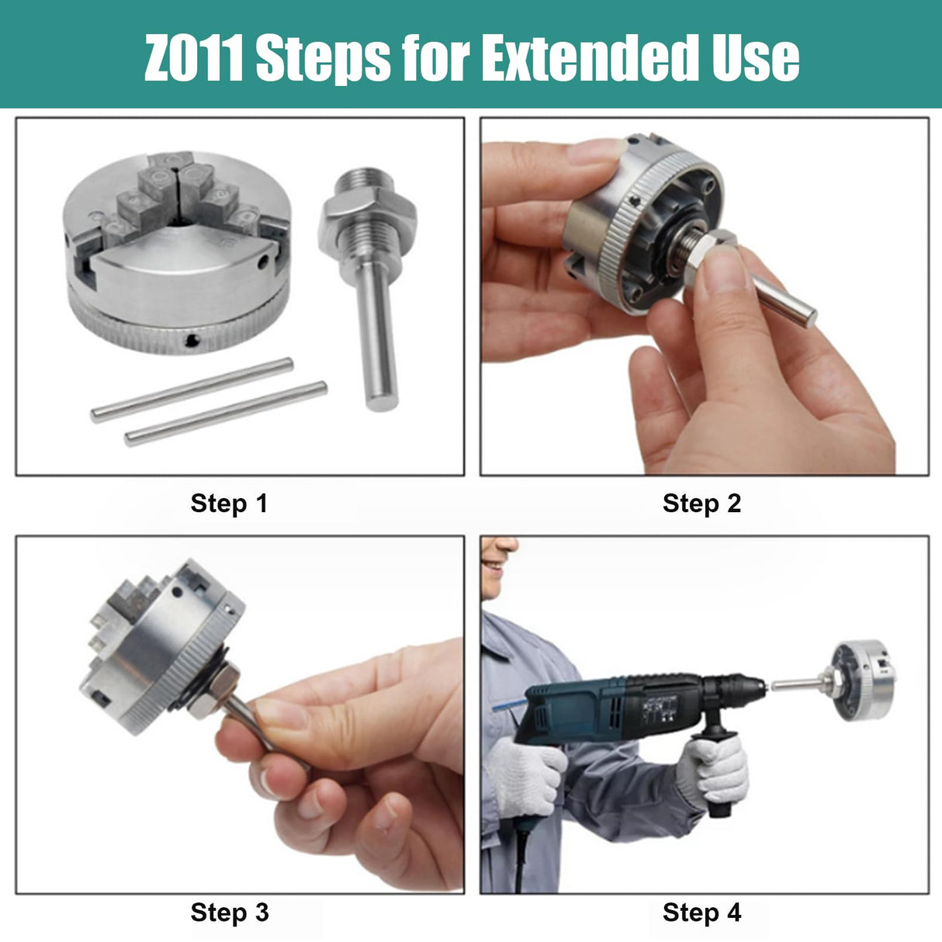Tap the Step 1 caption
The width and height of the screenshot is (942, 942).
coord(229,504)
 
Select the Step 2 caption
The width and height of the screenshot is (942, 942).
coord(701,504)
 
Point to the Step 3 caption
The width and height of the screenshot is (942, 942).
coord(229,913)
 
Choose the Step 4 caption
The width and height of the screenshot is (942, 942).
coord(701,913)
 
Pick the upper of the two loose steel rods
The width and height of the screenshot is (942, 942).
coord(192,390)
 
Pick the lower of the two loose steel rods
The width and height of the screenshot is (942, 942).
coord(226,414)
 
